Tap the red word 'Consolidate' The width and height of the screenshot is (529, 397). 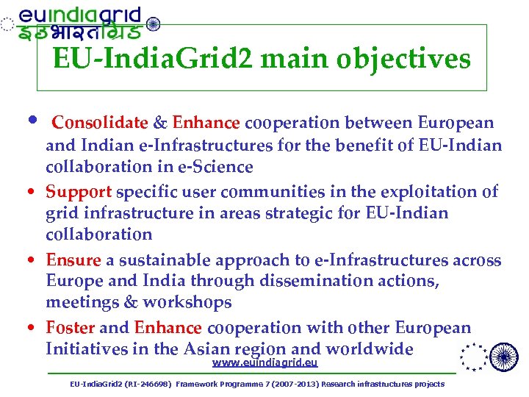(100, 123)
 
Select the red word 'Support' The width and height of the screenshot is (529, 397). (79, 192)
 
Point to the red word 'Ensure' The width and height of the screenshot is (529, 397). (73, 260)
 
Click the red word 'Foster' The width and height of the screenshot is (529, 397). (71, 328)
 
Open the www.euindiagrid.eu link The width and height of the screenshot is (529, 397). (264, 363)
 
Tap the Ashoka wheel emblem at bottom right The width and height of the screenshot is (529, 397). (503, 357)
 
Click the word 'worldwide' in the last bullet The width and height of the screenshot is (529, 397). (373, 349)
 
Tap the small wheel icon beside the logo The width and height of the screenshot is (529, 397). (153, 24)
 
